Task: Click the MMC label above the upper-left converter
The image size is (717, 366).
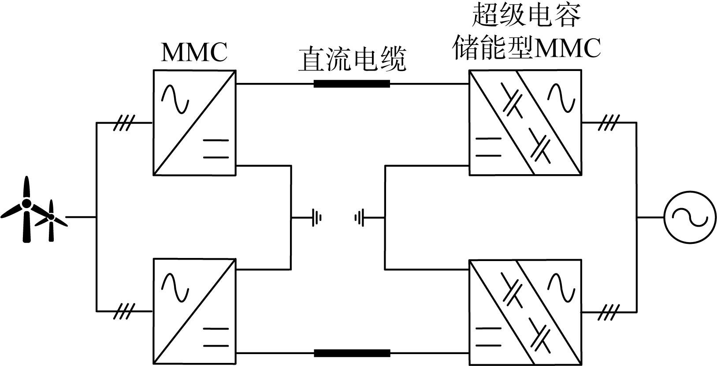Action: tap(194, 52)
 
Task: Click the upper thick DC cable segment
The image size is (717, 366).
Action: tap(352, 84)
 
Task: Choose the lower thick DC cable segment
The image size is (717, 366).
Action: tap(352, 353)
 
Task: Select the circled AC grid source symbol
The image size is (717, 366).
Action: tap(690, 217)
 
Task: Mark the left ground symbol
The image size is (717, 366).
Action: tap(316, 218)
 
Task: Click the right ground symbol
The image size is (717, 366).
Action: tap(359, 218)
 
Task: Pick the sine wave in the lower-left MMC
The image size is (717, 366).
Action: tap(175, 287)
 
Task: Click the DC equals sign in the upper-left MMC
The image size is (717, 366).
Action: tap(216, 149)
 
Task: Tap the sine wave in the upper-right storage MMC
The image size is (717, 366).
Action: tap(561, 97)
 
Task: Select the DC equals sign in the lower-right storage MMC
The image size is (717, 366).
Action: tap(488, 337)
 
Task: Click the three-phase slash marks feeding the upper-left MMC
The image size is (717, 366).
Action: tap(124, 123)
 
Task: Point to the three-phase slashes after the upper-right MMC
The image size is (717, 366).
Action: tap(609, 123)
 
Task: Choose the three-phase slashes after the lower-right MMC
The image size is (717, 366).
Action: tap(609, 312)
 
